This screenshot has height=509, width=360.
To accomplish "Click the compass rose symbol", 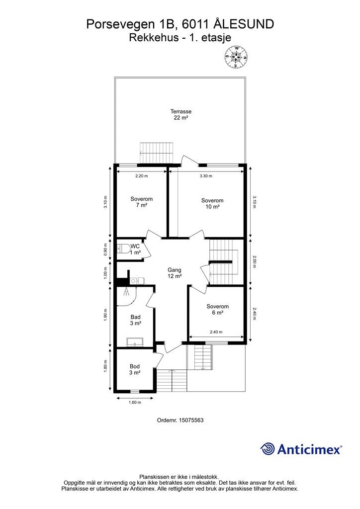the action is point(237,57).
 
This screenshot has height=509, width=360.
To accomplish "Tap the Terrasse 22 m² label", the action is point(181,115).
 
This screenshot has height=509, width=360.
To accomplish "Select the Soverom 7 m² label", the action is point(142,202).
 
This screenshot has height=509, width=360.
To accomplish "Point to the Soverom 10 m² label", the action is point(212,203).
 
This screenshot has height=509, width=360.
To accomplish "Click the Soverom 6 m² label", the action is point(217,309).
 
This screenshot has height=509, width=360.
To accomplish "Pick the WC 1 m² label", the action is point(135,250).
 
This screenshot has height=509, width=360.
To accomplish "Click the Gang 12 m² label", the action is point(175,273).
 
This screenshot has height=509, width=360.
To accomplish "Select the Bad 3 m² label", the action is point(135,320).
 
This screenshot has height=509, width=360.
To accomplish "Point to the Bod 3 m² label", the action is point(135,369).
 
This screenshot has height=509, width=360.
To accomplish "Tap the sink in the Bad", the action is point(135,342).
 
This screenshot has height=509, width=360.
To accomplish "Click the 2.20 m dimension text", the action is point(142,176).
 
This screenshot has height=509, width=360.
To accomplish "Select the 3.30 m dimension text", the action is point(206,176).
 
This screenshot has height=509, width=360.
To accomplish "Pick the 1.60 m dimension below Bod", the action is point(135,403).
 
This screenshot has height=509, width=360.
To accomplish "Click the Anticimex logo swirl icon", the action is point(268,449).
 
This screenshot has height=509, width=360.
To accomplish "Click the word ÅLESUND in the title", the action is point(244,24).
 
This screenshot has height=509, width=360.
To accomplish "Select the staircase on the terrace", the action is point(157,153).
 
